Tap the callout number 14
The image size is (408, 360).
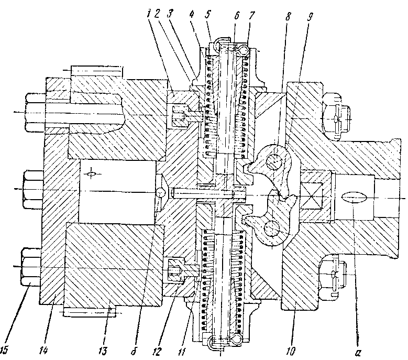click(43, 351)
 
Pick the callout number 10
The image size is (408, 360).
click(291, 351)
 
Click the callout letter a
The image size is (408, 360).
click(358, 352)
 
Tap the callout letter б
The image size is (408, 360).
click(134, 351)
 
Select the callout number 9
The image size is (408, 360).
click(310, 16)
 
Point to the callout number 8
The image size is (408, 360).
click(288, 16)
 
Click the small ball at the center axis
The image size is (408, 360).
click(161, 193)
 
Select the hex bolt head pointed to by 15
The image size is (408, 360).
click(31, 267)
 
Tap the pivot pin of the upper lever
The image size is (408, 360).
click(273, 161)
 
